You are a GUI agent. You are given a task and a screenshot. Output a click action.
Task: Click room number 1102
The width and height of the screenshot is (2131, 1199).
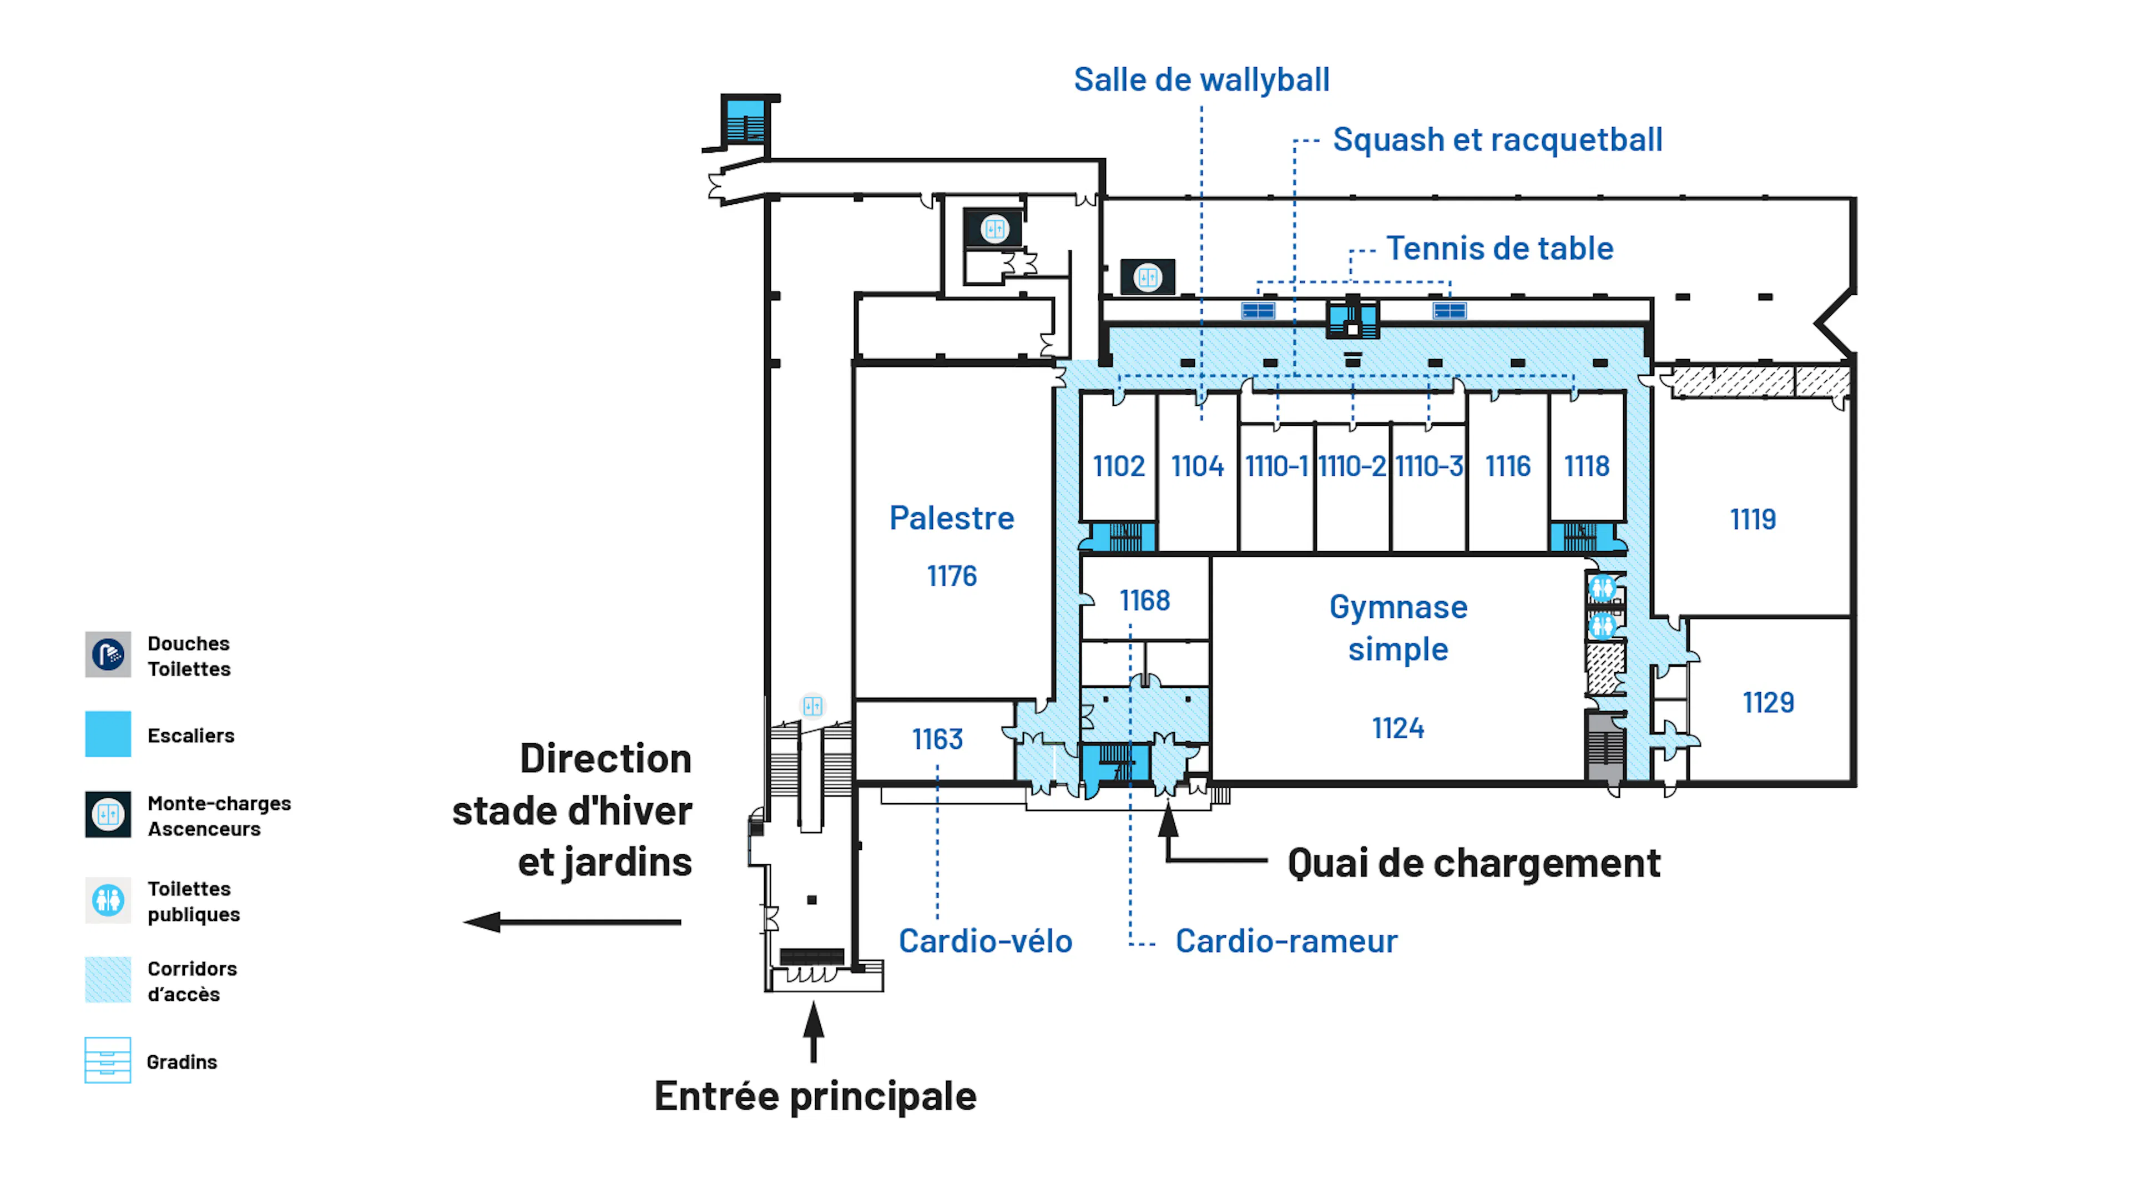(x=1118, y=467)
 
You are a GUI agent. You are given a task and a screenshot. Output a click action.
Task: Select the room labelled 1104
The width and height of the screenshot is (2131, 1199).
(x=1197, y=467)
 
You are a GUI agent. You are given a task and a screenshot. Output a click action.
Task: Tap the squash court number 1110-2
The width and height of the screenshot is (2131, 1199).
(x=1352, y=467)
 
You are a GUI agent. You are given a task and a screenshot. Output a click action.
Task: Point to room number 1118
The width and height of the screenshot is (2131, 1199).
(x=1587, y=467)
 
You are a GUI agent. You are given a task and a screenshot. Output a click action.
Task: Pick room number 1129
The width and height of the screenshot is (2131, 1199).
(x=1769, y=703)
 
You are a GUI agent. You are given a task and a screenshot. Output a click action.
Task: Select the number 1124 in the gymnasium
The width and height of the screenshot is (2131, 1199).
(x=1398, y=729)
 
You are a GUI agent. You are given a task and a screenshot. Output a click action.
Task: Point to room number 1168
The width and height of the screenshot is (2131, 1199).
(x=1145, y=601)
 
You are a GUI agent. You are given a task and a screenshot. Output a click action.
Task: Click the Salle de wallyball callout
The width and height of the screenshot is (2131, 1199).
(x=1201, y=80)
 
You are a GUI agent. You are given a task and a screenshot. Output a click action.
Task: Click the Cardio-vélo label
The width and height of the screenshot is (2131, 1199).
(x=985, y=941)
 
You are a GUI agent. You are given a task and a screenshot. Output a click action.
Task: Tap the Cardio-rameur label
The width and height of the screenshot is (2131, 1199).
(x=1286, y=941)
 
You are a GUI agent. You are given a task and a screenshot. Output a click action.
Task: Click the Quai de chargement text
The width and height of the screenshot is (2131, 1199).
(x=1473, y=864)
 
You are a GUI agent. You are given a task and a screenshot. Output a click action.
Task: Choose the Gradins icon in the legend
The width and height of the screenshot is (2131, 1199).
(x=108, y=1061)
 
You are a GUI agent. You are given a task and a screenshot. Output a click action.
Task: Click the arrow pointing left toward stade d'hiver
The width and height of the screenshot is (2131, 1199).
(x=571, y=922)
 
